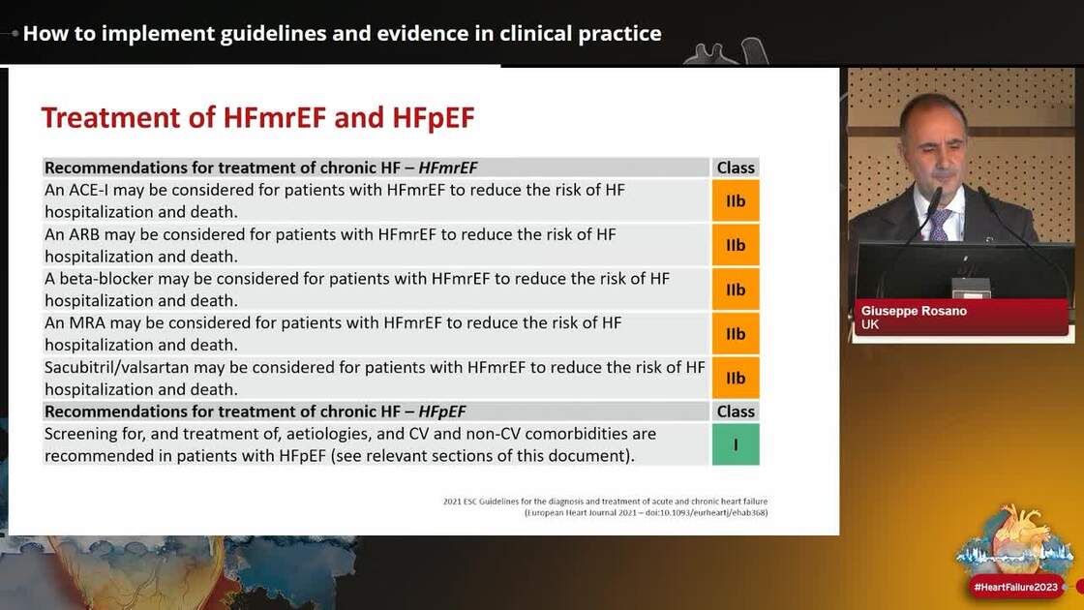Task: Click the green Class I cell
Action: [736, 444]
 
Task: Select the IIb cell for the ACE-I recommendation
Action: [736, 200]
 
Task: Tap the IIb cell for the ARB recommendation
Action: [736, 245]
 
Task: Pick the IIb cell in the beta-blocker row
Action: [736, 290]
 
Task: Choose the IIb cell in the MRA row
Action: [736, 334]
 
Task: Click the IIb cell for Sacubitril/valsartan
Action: [736, 379]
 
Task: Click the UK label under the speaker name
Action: [870, 325]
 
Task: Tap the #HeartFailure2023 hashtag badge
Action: [1015, 587]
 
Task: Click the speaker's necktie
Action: [938, 225]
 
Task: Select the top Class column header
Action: [736, 168]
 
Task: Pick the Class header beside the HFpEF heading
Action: [736, 412]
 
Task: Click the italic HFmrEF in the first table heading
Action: [448, 168]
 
